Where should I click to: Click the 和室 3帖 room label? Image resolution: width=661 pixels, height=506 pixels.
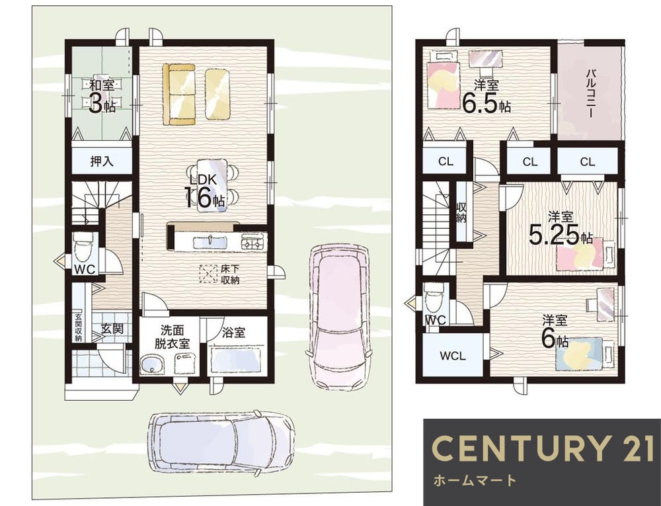coord(102,97)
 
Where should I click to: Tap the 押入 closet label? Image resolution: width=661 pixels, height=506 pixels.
coord(102,161)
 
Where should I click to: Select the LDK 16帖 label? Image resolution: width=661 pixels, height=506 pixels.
coord(204,191)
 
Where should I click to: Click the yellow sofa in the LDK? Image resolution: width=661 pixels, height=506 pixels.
coord(179,94)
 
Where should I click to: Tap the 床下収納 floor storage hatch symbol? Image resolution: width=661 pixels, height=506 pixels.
coord(208,274)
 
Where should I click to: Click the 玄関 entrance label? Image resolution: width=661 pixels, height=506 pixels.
coord(112,328)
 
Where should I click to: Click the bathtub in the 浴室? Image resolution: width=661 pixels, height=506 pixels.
coord(237,359)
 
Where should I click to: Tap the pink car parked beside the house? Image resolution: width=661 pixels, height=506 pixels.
coord(340,316)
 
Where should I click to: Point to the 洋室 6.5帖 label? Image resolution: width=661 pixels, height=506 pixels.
coord(486,97)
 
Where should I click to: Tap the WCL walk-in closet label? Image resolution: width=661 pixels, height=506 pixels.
coord(453,356)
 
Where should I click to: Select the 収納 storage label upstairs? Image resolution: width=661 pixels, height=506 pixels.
coord(461,212)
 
